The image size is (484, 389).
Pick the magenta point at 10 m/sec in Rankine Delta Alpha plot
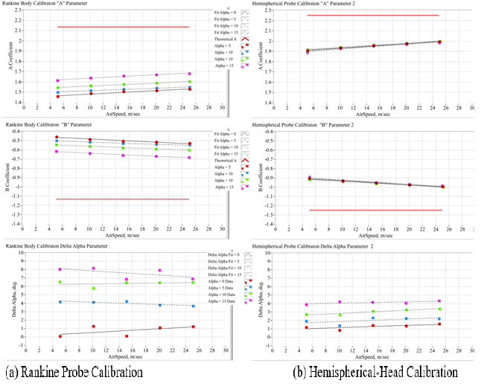point(93,269)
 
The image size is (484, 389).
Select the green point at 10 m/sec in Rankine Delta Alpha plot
point(93,288)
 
